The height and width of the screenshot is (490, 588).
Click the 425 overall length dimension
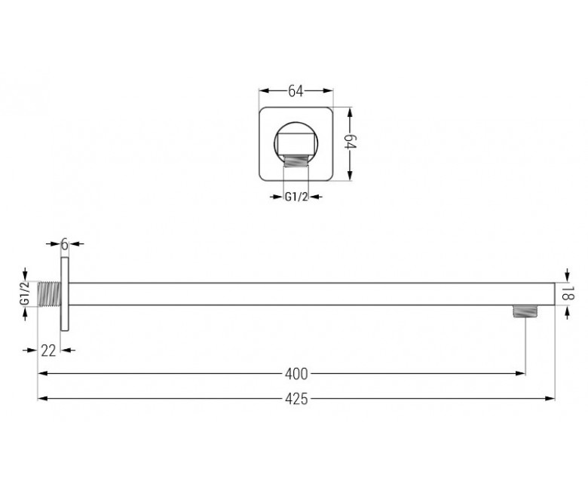296,399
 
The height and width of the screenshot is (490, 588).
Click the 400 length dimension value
296,374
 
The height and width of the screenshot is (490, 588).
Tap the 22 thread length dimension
48,351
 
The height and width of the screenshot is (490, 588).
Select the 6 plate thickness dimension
65,244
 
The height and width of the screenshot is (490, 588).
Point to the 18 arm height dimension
568,293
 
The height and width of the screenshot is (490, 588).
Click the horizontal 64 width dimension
296,91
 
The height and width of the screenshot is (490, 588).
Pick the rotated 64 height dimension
351,141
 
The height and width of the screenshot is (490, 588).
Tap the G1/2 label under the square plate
296,197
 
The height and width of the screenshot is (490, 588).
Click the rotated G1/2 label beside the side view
25,293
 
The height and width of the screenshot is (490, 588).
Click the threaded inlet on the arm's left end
50,294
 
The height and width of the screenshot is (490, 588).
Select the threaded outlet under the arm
525,311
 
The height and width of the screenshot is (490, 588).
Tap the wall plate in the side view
65,294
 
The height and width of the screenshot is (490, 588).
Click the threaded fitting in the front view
296,161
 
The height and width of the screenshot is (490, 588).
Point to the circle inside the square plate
296,123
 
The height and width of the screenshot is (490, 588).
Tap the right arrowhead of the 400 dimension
520,373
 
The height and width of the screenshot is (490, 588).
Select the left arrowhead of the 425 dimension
43,399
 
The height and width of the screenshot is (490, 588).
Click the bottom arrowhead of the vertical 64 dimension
350,176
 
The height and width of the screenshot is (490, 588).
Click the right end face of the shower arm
555,294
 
